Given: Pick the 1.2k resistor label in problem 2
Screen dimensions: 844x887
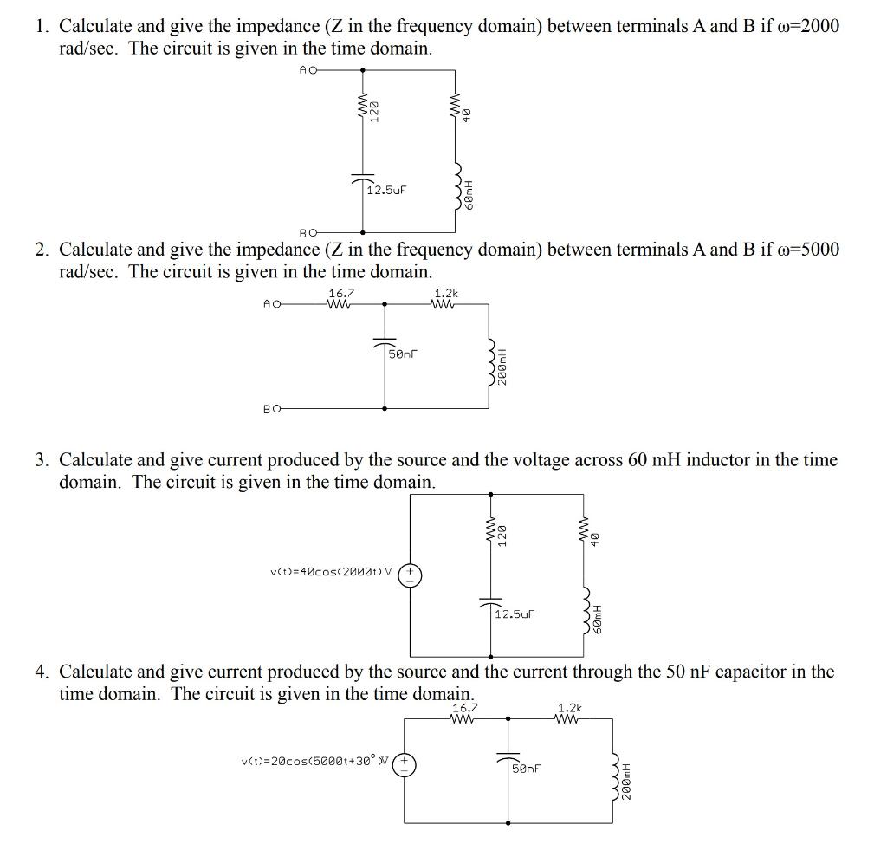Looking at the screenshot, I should pyautogui.click(x=446, y=294).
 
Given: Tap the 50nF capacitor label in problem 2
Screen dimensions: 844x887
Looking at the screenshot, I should pyautogui.click(x=402, y=354).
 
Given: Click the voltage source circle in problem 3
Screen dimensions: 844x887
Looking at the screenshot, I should pyautogui.click(x=410, y=575).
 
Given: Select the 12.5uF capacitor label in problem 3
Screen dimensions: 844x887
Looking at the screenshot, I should pyautogui.click(x=515, y=614).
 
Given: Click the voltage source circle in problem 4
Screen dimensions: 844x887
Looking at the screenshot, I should pyautogui.click(x=405, y=764).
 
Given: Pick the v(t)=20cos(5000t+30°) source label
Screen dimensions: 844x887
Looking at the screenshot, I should pyautogui.click(x=316, y=761).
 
